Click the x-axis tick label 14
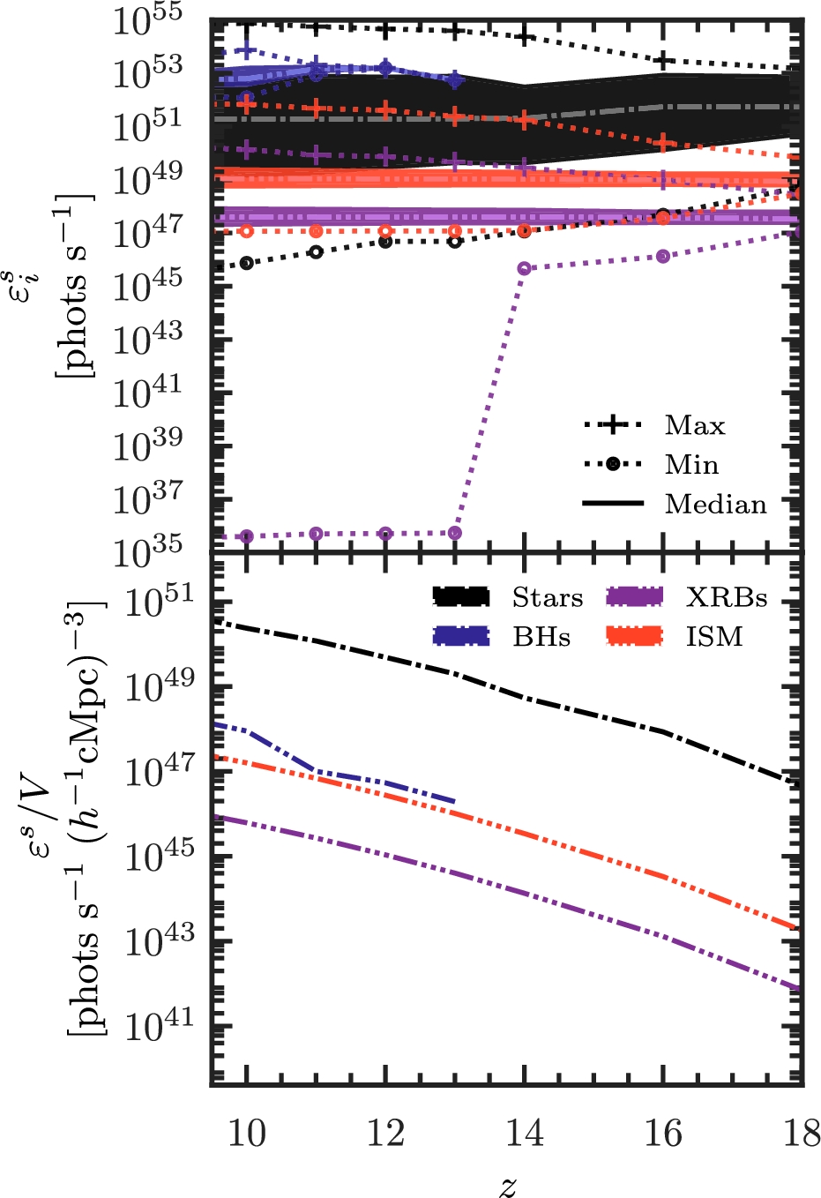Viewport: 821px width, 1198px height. pyautogui.click(x=525, y=1134)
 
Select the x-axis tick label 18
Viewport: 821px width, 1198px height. pyautogui.click(x=801, y=1134)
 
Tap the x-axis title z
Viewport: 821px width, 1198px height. pyautogui.click(x=507, y=1185)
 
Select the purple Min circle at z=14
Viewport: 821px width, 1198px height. pyautogui.click(x=525, y=267)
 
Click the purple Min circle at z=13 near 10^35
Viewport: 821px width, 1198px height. pyautogui.click(x=455, y=532)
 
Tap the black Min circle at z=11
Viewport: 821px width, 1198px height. pyautogui.click(x=317, y=251)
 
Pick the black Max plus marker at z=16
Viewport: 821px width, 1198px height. pyautogui.click(x=664, y=61)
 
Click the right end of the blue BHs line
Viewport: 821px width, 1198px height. pyautogui.click(x=454, y=801)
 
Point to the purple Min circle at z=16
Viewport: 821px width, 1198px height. pyautogui.click(x=664, y=256)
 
